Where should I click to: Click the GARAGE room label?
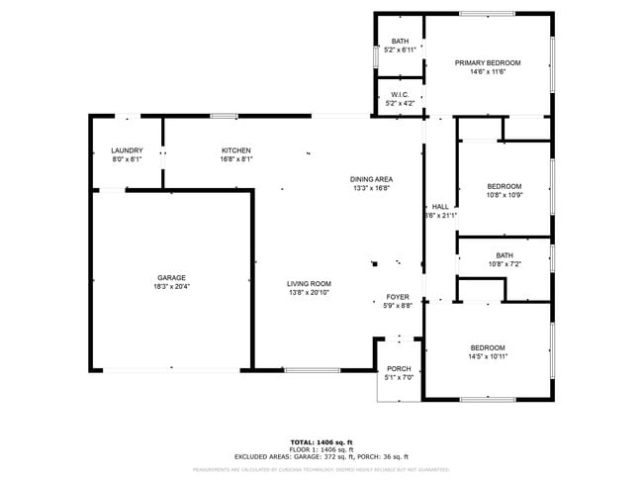171,277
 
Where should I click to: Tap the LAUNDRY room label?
127,150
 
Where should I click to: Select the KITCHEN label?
235,150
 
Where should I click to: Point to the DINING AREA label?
370,179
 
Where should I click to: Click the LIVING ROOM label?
309,283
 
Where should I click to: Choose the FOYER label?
398,297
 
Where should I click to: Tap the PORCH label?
399,368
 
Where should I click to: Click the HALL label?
440,207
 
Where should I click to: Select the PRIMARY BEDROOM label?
487,62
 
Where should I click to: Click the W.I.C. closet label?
399,94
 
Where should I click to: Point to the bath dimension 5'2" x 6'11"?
399,49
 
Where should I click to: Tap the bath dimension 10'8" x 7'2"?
505,264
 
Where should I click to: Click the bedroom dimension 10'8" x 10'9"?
505,195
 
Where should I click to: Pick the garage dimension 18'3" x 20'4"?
171,287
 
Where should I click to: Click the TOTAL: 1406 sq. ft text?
321,441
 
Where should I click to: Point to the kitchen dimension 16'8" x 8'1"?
235,159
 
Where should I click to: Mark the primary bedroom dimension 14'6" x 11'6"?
487,71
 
